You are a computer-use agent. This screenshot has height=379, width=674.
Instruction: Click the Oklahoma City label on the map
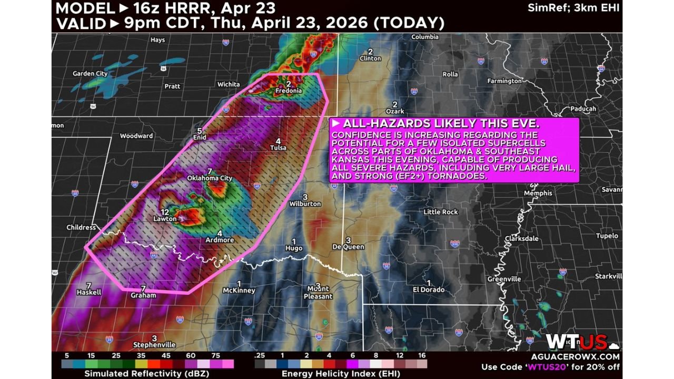[x=210, y=178]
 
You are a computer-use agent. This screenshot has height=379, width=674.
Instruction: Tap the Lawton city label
[x=165, y=219]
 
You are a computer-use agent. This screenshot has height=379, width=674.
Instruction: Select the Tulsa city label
[x=278, y=148]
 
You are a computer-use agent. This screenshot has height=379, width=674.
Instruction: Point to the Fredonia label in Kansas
[x=289, y=91]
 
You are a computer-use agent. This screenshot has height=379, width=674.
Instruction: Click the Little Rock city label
[x=441, y=212]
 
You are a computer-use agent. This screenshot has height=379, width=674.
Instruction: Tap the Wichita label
[x=229, y=84]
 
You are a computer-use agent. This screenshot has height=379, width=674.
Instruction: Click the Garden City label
[x=90, y=74]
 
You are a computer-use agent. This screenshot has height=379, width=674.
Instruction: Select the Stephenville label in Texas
[x=154, y=345]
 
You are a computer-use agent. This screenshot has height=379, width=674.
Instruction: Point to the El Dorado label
[x=428, y=290]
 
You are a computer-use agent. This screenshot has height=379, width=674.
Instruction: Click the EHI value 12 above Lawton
[x=165, y=212]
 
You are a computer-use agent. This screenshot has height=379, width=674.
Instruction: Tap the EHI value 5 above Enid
[x=200, y=131]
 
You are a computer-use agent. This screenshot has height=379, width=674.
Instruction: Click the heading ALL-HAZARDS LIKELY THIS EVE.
[x=441, y=124]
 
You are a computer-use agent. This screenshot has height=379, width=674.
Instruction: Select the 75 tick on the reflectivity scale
[x=216, y=355]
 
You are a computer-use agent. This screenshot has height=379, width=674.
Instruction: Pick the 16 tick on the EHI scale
[x=422, y=355]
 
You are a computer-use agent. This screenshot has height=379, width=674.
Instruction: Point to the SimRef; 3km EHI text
[x=573, y=8]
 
